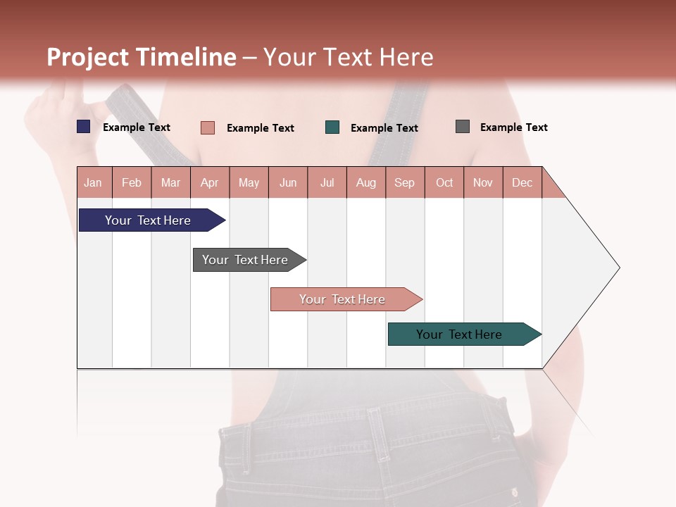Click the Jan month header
click(94, 182)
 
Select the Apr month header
click(210, 182)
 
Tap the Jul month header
click(327, 182)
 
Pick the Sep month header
click(405, 182)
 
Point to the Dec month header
click(522, 182)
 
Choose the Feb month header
click(132, 182)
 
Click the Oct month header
click(444, 182)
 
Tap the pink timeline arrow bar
click(343, 299)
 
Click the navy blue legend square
click(84, 127)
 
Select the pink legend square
click(208, 127)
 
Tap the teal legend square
click(332, 127)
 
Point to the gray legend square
click(463, 127)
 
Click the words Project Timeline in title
click(142, 57)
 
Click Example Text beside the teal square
click(384, 127)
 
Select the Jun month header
click(288, 182)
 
